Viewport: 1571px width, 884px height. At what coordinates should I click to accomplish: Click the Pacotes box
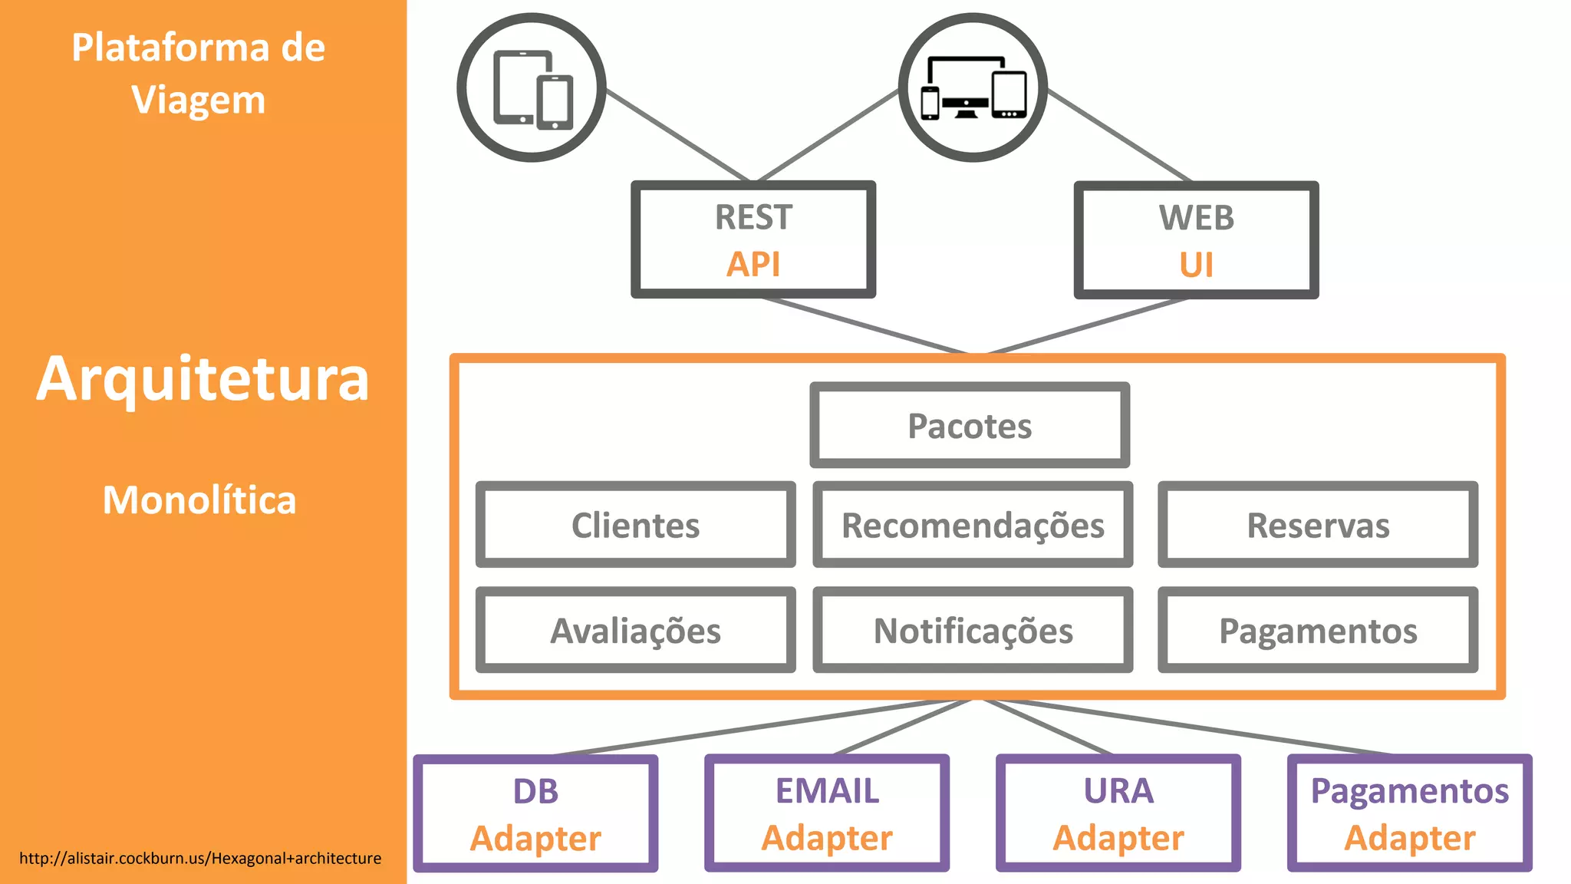tap(970, 426)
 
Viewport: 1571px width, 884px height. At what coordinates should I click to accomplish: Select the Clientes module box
tap(635, 526)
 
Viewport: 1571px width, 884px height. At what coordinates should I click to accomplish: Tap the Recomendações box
tap(973, 526)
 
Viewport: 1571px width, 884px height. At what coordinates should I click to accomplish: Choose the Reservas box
tap(1318, 526)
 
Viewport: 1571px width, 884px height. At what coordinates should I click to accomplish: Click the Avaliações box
tap(635, 631)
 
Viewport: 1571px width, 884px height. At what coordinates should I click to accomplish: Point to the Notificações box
tap(973, 631)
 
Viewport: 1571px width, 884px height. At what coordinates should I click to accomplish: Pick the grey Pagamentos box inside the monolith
tap(1318, 631)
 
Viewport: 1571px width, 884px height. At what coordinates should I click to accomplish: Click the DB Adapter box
tap(535, 814)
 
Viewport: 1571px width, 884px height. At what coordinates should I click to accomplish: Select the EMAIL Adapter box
tap(827, 814)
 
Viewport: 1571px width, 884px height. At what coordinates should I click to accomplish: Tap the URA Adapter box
tap(1118, 814)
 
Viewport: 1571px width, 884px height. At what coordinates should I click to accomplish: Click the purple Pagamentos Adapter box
tap(1410, 814)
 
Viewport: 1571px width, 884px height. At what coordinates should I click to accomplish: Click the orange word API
tap(753, 265)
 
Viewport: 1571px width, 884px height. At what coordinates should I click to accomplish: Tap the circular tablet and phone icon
tap(532, 87)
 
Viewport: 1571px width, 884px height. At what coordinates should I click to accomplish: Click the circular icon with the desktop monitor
tap(973, 87)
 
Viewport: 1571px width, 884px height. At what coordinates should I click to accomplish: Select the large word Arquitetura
tap(203, 379)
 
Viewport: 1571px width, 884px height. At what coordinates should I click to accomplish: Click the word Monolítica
tap(199, 500)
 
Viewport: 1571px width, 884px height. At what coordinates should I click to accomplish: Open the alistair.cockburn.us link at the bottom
tap(200, 859)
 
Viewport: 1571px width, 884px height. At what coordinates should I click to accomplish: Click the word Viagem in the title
tap(198, 101)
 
